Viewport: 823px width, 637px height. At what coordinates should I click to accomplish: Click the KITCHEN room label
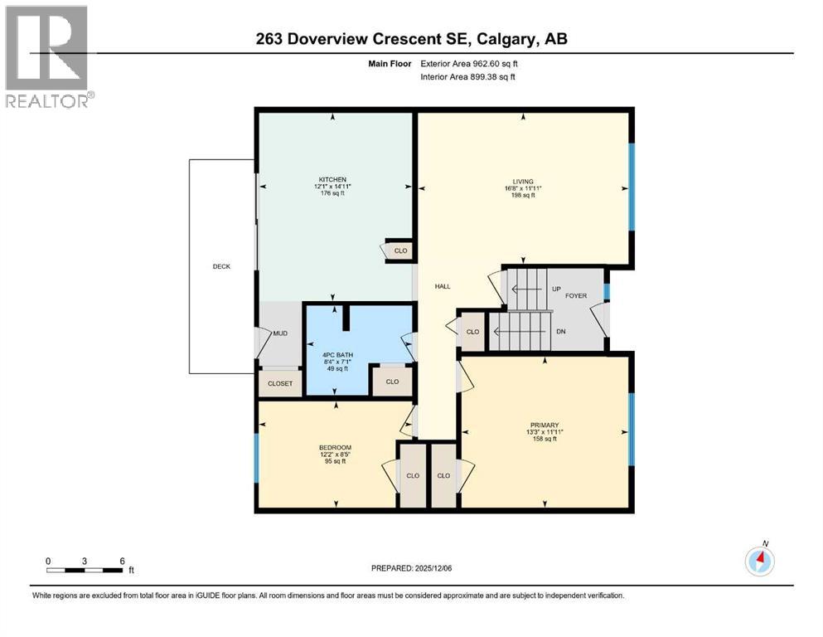tap(332, 179)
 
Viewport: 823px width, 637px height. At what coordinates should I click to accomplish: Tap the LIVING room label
tap(522, 182)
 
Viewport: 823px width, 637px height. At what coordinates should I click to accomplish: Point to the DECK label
tap(221, 266)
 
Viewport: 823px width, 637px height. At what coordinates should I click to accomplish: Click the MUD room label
tap(281, 333)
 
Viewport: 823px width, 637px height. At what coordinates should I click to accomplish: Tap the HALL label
tap(443, 286)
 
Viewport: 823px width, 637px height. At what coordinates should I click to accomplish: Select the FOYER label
tap(576, 294)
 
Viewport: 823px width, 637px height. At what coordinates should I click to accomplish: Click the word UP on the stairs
tap(556, 289)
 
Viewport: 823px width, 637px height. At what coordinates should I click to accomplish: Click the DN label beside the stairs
tap(560, 331)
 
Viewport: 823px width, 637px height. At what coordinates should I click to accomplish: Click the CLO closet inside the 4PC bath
tap(392, 382)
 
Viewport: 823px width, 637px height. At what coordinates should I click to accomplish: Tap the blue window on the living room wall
tap(631, 187)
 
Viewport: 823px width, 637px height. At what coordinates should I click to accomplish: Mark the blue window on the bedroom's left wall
tap(257, 457)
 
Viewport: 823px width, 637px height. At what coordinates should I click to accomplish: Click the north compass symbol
tap(760, 562)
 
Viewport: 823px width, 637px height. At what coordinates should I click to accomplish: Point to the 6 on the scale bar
tap(122, 561)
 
